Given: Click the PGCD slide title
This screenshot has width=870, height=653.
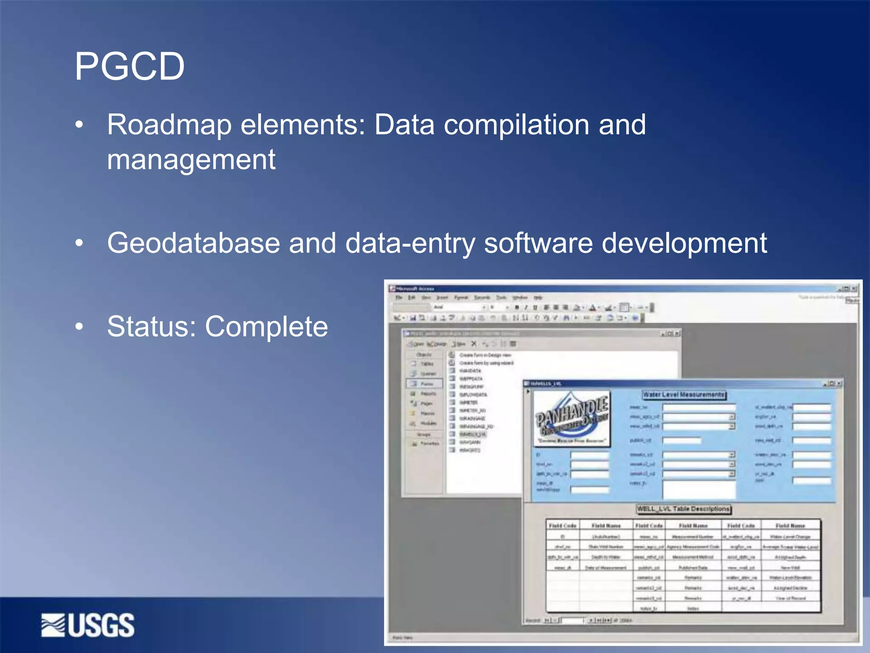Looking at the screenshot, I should tap(130, 66).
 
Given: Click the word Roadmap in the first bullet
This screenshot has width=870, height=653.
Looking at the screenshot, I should tap(170, 125).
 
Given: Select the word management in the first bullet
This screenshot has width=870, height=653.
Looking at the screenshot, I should tap(191, 160).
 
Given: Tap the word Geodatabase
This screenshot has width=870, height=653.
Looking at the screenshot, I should tap(193, 243).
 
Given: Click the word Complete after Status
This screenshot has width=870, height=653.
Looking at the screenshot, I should tap(266, 326).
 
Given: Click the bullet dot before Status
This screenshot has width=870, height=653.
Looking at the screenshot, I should tap(79, 326).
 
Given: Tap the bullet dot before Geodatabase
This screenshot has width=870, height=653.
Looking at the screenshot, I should tap(79, 243).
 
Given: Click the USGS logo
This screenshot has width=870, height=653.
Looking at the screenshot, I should tap(88, 625).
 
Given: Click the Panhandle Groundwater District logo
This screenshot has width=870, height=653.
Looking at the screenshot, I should tap(572, 419).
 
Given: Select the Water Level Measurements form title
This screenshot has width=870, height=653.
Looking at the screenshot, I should tap(684, 395).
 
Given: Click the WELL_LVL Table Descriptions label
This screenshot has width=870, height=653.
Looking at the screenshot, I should tap(683, 509).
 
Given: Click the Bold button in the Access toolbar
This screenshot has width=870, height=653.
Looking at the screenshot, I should tap(517, 307).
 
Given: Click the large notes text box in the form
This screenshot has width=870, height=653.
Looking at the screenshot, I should tap(699, 489).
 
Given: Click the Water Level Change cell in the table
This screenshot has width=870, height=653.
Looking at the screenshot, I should tap(790, 537).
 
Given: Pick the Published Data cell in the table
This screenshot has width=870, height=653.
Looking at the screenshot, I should tap(693, 568).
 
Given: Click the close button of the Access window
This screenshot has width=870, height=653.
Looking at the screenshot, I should tap(854, 289).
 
